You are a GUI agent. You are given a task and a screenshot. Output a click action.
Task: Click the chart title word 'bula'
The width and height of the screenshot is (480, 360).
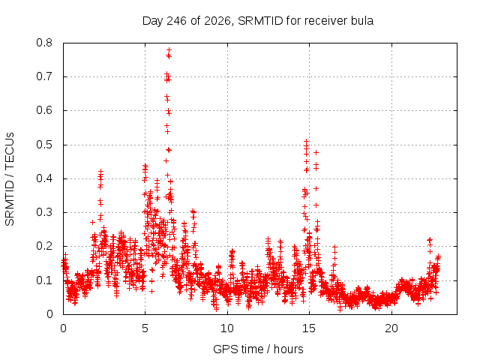[x=362, y=21]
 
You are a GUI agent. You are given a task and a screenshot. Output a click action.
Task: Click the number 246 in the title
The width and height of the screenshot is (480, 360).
[x=176, y=21]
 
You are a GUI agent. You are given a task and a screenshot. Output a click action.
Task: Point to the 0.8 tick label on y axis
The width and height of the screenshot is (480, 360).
[x=44, y=43]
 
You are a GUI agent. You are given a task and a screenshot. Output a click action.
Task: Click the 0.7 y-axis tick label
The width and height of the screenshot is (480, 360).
[x=44, y=76]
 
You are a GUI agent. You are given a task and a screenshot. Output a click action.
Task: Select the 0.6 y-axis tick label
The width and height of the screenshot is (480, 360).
[x=44, y=110]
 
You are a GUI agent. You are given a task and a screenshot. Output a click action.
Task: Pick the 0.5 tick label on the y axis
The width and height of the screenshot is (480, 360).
[x=44, y=145]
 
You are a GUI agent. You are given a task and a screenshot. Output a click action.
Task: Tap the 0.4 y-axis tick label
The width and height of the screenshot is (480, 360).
[x=44, y=178]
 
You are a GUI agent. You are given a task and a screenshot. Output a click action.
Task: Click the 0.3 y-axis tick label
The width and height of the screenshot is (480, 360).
[x=44, y=212]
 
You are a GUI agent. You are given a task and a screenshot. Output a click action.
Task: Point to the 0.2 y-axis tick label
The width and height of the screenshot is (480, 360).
[x=44, y=246]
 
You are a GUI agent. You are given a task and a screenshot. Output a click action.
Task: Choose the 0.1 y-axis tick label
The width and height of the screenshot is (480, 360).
[x=44, y=280]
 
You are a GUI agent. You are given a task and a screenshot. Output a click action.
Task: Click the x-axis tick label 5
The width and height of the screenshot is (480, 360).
[x=145, y=328]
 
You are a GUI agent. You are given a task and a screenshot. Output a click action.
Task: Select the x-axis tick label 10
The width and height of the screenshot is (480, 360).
[x=227, y=328]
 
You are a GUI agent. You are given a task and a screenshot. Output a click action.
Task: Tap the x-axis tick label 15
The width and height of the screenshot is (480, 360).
[x=309, y=328]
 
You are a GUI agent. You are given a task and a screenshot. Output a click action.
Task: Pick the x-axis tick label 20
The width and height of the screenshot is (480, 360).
[x=391, y=328]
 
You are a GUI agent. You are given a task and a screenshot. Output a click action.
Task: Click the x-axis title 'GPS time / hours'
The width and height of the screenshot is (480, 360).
[x=258, y=349]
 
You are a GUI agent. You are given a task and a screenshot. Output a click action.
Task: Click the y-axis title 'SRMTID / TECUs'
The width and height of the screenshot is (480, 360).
[x=10, y=179]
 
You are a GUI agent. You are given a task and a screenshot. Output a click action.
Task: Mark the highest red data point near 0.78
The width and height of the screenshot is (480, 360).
[x=169, y=50]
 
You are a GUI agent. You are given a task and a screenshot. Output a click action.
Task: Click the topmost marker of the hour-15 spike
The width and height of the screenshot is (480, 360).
[x=306, y=142]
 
